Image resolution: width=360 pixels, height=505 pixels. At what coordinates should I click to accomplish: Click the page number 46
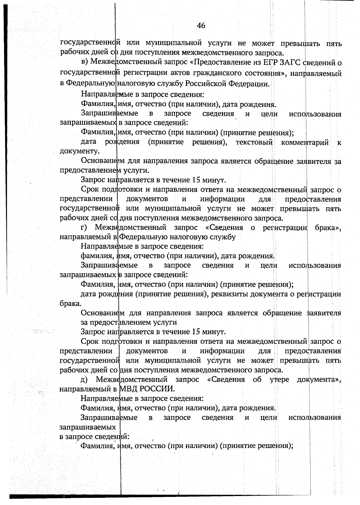201,26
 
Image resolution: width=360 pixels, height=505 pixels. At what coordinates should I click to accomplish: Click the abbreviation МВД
130,389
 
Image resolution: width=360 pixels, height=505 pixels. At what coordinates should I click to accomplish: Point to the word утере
279,380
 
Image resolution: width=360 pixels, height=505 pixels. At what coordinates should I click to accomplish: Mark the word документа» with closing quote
319,380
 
